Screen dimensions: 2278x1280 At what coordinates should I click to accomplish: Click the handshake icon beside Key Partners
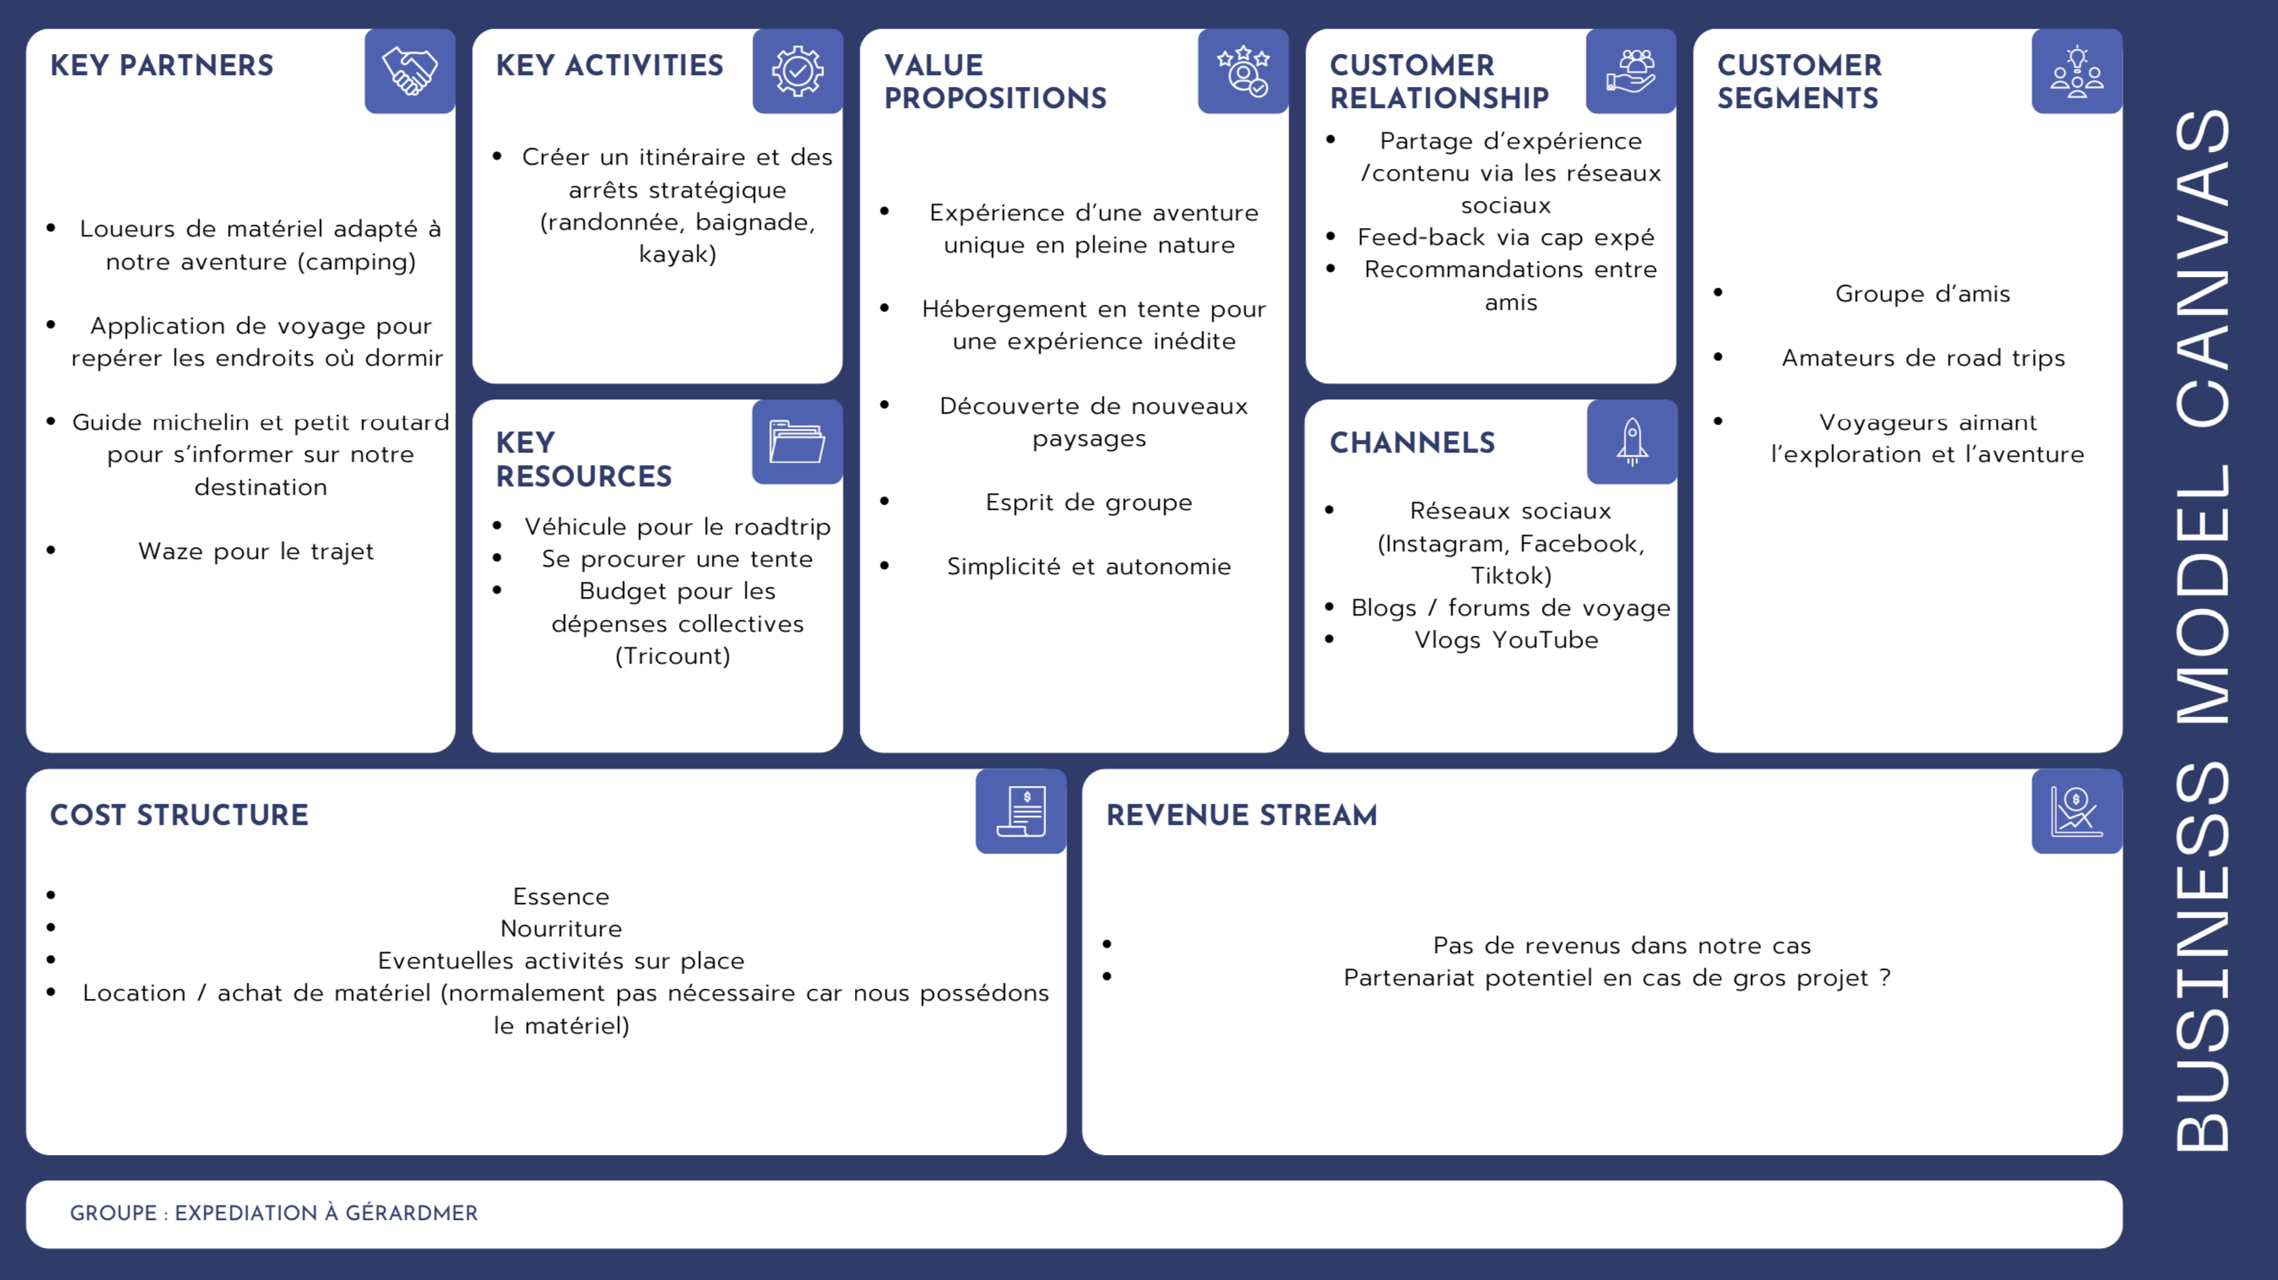(409, 71)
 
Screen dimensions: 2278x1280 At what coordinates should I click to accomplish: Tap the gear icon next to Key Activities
(798, 71)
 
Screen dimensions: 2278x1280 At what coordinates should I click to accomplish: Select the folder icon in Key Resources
(797, 442)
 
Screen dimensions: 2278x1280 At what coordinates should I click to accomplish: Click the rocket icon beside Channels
(1632, 442)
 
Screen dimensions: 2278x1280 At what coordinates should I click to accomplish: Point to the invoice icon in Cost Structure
(1022, 811)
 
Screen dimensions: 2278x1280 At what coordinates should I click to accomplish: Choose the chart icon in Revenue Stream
(2076, 811)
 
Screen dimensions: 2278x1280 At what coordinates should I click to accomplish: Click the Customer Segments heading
(1798, 81)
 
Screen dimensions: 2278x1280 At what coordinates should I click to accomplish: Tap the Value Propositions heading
(995, 81)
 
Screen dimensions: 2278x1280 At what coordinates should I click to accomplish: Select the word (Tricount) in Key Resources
(673, 656)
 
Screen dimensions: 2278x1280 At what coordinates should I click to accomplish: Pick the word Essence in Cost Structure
(561, 896)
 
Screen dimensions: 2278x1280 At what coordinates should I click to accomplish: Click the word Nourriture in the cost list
(561, 929)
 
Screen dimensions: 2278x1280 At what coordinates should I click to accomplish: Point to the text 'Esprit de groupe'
(1089, 502)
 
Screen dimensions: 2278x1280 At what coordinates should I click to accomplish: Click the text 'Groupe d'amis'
(1923, 294)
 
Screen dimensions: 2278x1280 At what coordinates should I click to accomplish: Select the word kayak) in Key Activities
(677, 255)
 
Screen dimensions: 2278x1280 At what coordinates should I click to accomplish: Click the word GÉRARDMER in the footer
(411, 1212)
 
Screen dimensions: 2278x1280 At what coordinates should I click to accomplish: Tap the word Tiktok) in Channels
(1511, 576)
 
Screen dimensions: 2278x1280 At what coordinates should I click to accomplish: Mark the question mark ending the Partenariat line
(1885, 978)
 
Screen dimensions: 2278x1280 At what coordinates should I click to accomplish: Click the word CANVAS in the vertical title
(2203, 266)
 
